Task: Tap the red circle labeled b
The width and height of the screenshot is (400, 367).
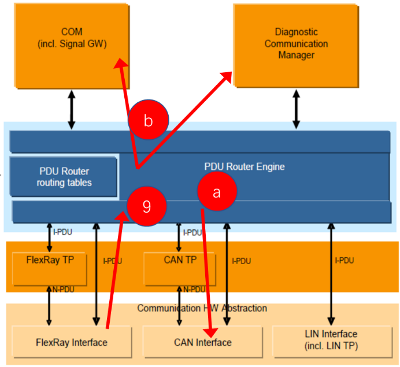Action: click(148, 121)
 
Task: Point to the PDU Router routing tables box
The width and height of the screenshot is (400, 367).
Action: click(64, 177)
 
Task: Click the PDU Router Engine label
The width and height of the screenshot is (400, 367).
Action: click(245, 167)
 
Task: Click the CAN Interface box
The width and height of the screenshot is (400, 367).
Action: click(202, 342)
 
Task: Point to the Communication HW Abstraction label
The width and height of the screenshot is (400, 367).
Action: click(202, 308)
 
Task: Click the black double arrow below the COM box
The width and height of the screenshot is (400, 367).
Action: click(72, 109)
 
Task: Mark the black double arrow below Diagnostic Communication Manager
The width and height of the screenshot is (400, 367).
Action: click(297, 109)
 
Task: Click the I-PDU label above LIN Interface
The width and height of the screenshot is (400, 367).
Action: click(345, 261)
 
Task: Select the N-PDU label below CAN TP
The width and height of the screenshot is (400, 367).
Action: click(194, 289)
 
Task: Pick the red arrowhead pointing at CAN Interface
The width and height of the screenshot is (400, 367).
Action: click(212, 333)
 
